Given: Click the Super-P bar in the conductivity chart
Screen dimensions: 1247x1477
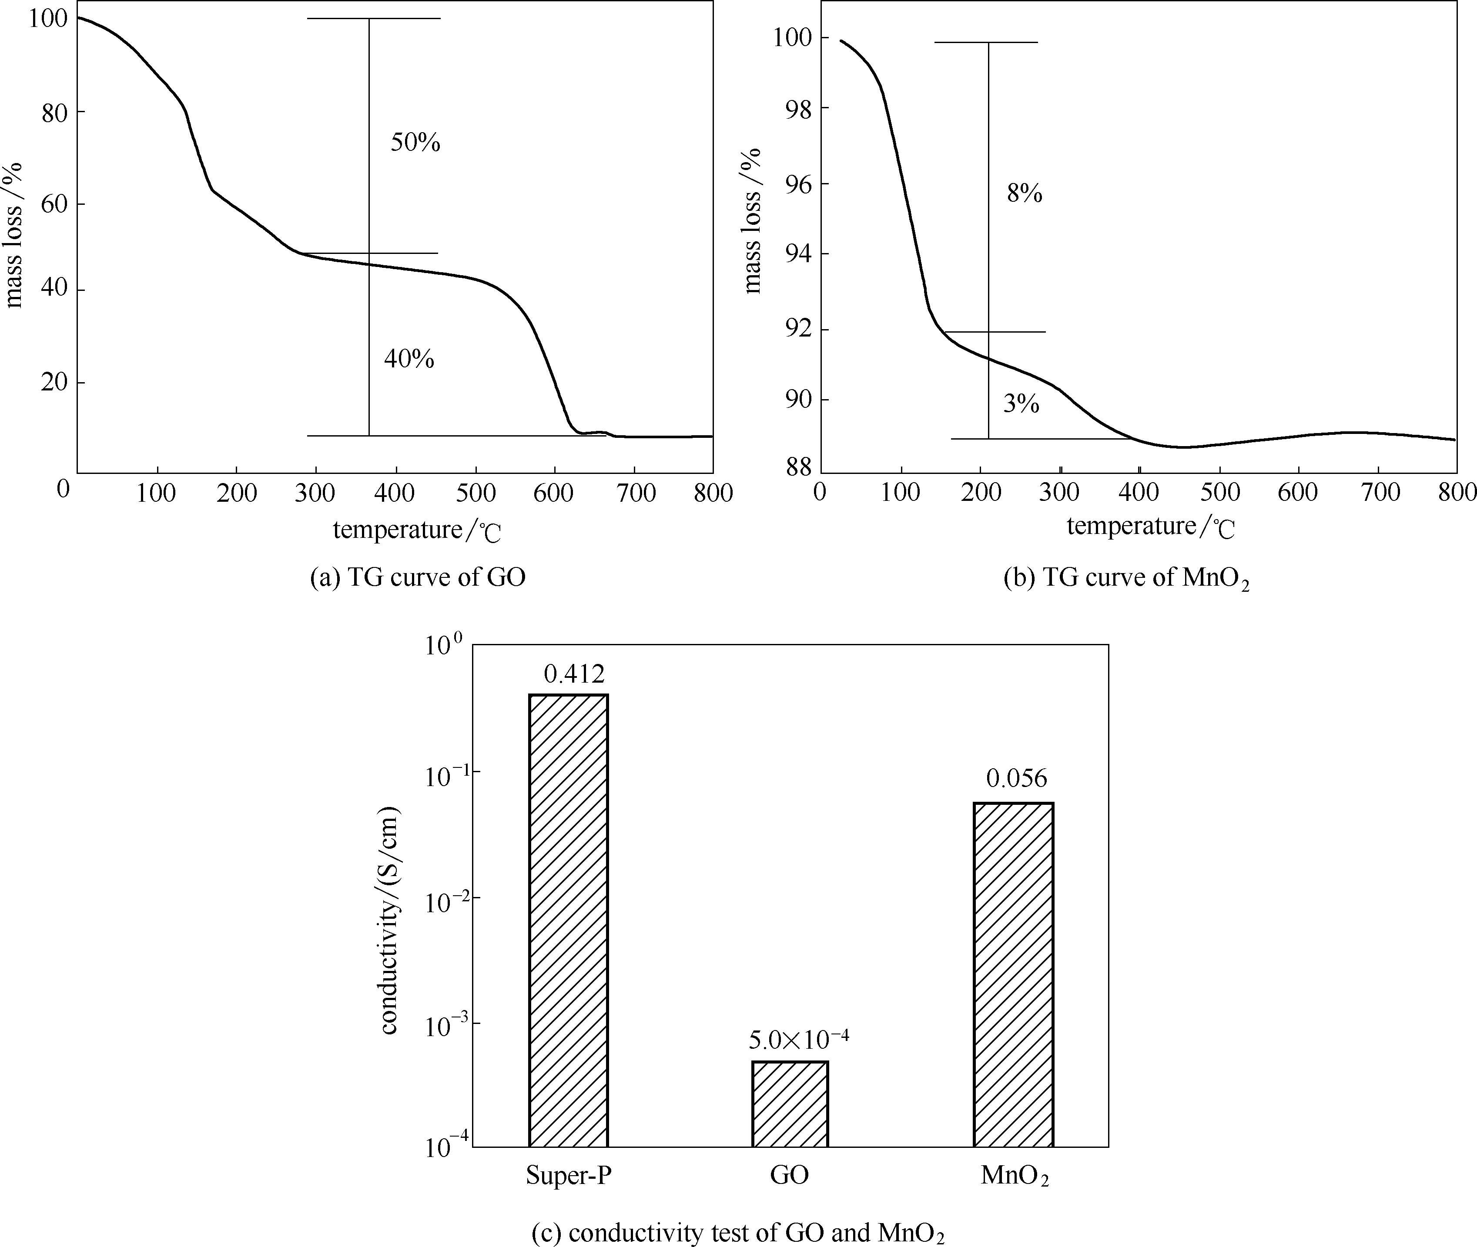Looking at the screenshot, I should (568, 920).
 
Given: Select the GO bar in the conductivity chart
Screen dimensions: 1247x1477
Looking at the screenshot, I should (790, 1103).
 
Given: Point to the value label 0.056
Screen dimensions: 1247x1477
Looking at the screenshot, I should (1017, 778).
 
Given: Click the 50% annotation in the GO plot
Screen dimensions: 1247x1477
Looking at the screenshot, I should (415, 143).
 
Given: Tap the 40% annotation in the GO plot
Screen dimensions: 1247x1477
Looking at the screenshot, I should (409, 359).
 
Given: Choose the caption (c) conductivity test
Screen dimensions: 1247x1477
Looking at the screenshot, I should (738, 1233).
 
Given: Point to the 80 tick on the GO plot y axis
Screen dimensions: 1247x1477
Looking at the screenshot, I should (54, 112).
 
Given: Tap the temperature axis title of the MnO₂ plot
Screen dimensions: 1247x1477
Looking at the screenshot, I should (1150, 527).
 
